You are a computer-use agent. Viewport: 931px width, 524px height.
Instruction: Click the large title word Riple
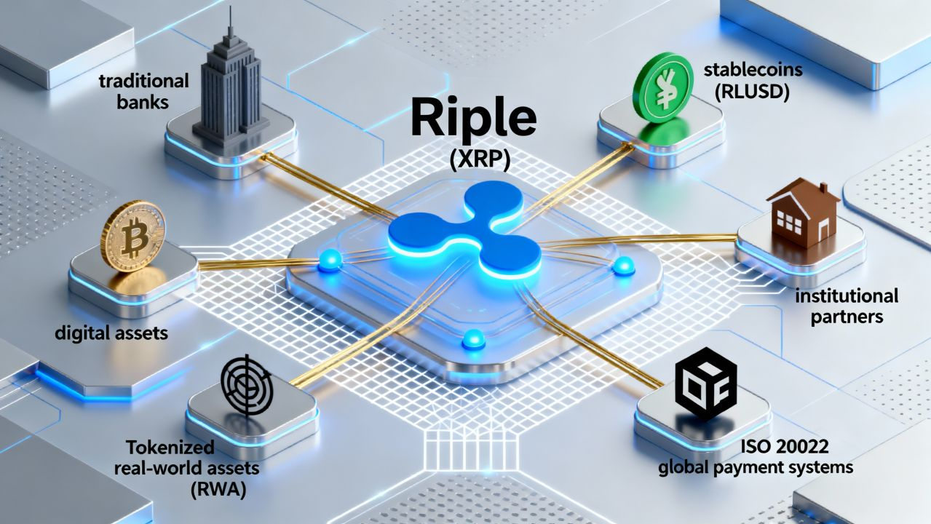click(x=474, y=119)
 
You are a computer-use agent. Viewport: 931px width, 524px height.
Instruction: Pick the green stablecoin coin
click(x=662, y=87)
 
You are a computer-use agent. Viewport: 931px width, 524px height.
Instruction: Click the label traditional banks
click(x=143, y=90)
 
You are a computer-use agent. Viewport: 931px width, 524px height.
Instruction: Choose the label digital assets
click(x=111, y=334)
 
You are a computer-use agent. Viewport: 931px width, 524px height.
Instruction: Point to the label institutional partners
click(x=847, y=306)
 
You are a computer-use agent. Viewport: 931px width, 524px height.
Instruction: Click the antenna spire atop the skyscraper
click(x=230, y=22)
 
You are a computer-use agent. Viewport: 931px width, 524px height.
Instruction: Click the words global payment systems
click(x=755, y=467)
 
